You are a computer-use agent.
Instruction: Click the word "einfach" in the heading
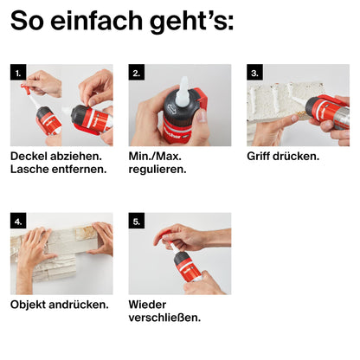coord(97,21)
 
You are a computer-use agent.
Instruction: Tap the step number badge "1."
coord(18,72)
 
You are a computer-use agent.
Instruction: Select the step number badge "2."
coord(137,72)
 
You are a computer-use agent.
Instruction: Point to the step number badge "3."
coord(254,72)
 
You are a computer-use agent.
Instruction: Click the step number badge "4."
coord(18,221)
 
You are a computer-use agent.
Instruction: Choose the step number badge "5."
coord(137,221)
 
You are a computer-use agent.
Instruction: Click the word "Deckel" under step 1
coord(29,156)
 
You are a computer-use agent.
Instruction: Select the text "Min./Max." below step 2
coord(155,157)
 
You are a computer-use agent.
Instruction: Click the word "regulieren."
coord(157,170)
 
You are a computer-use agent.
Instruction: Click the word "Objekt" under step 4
coord(28,305)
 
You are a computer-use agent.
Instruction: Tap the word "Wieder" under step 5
coord(147,305)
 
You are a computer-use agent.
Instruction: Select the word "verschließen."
coord(164,318)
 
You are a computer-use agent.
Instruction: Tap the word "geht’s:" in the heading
coord(192,22)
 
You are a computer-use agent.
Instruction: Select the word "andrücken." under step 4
coord(79,305)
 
